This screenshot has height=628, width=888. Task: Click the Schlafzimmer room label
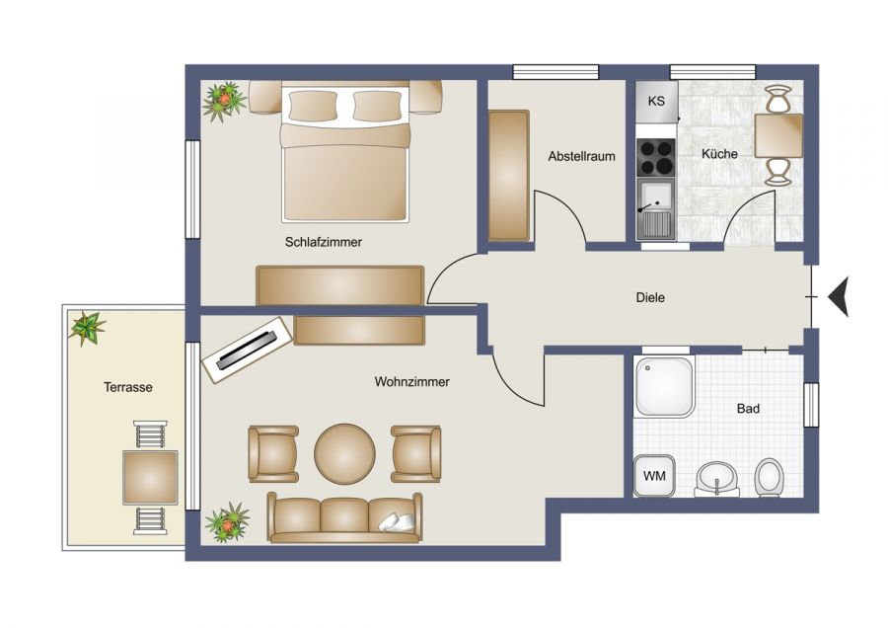coord(324,242)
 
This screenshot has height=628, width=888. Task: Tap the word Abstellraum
coord(581,156)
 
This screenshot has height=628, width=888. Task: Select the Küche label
coord(719,154)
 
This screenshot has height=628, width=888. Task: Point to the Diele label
coord(650,297)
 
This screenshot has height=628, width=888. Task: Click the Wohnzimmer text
coord(412,382)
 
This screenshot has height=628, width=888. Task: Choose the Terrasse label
coord(128,387)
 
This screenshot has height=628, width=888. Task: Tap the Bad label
coord(748,409)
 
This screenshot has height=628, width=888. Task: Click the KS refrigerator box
coord(656,102)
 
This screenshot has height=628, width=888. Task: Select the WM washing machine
coord(654,476)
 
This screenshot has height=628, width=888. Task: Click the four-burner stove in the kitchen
coord(656,157)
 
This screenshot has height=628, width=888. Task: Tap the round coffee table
coord(345,453)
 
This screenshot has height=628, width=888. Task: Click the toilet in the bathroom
coord(770,477)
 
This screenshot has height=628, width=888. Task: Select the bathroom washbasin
coord(717,479)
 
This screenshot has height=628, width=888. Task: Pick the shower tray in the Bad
coord(664,386)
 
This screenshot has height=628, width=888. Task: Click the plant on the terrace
coord(87,328)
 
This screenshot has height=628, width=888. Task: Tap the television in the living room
coord(248,351)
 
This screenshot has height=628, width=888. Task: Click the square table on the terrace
coord(150,477)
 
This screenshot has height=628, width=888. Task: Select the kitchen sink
coord(656,208)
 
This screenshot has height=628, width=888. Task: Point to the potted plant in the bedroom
coord(225,101)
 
